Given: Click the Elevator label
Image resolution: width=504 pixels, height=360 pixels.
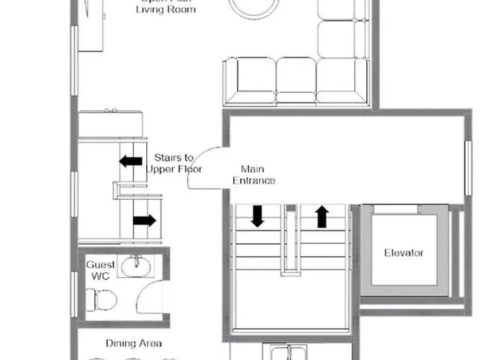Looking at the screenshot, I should [x=403, y=253].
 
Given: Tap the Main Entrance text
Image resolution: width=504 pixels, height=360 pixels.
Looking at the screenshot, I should [x=253, y=174].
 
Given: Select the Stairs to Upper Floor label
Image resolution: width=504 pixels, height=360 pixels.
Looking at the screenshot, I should [x=174, y=163].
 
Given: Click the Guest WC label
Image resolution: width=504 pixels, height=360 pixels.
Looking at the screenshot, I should [x=100, y=271].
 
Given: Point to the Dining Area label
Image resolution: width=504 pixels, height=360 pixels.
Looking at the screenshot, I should [x=133, y=343].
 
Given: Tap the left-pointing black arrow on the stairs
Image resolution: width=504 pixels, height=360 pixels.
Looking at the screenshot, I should [x=130, y=161].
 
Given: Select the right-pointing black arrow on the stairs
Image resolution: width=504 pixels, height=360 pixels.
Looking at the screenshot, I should [x=144, y=220].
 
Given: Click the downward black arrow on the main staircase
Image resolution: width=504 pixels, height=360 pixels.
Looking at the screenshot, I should [x=256, y=215].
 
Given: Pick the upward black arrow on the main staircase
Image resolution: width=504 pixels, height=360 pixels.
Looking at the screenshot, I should [x=322, y=215].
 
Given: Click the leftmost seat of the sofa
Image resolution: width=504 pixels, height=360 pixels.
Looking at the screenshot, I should [x=249, y=79].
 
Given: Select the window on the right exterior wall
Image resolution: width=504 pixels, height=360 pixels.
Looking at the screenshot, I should [x=467, y=167].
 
